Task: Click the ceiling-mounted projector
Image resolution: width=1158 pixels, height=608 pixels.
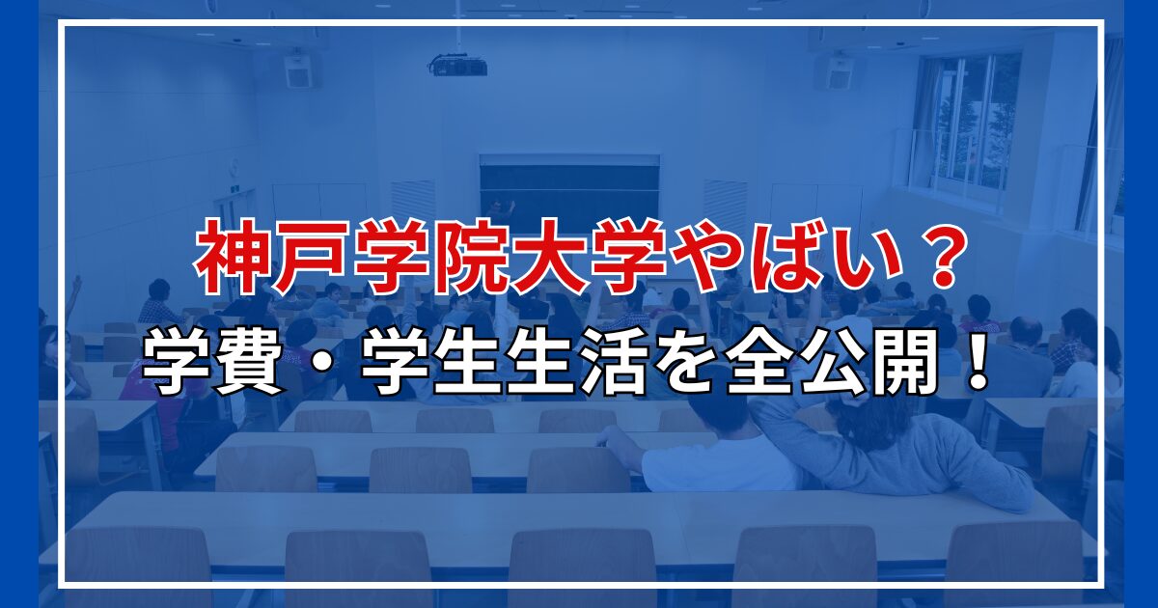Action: [x=457, y=66]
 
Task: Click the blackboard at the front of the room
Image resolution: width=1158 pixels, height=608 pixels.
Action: [x=569, y=191]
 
